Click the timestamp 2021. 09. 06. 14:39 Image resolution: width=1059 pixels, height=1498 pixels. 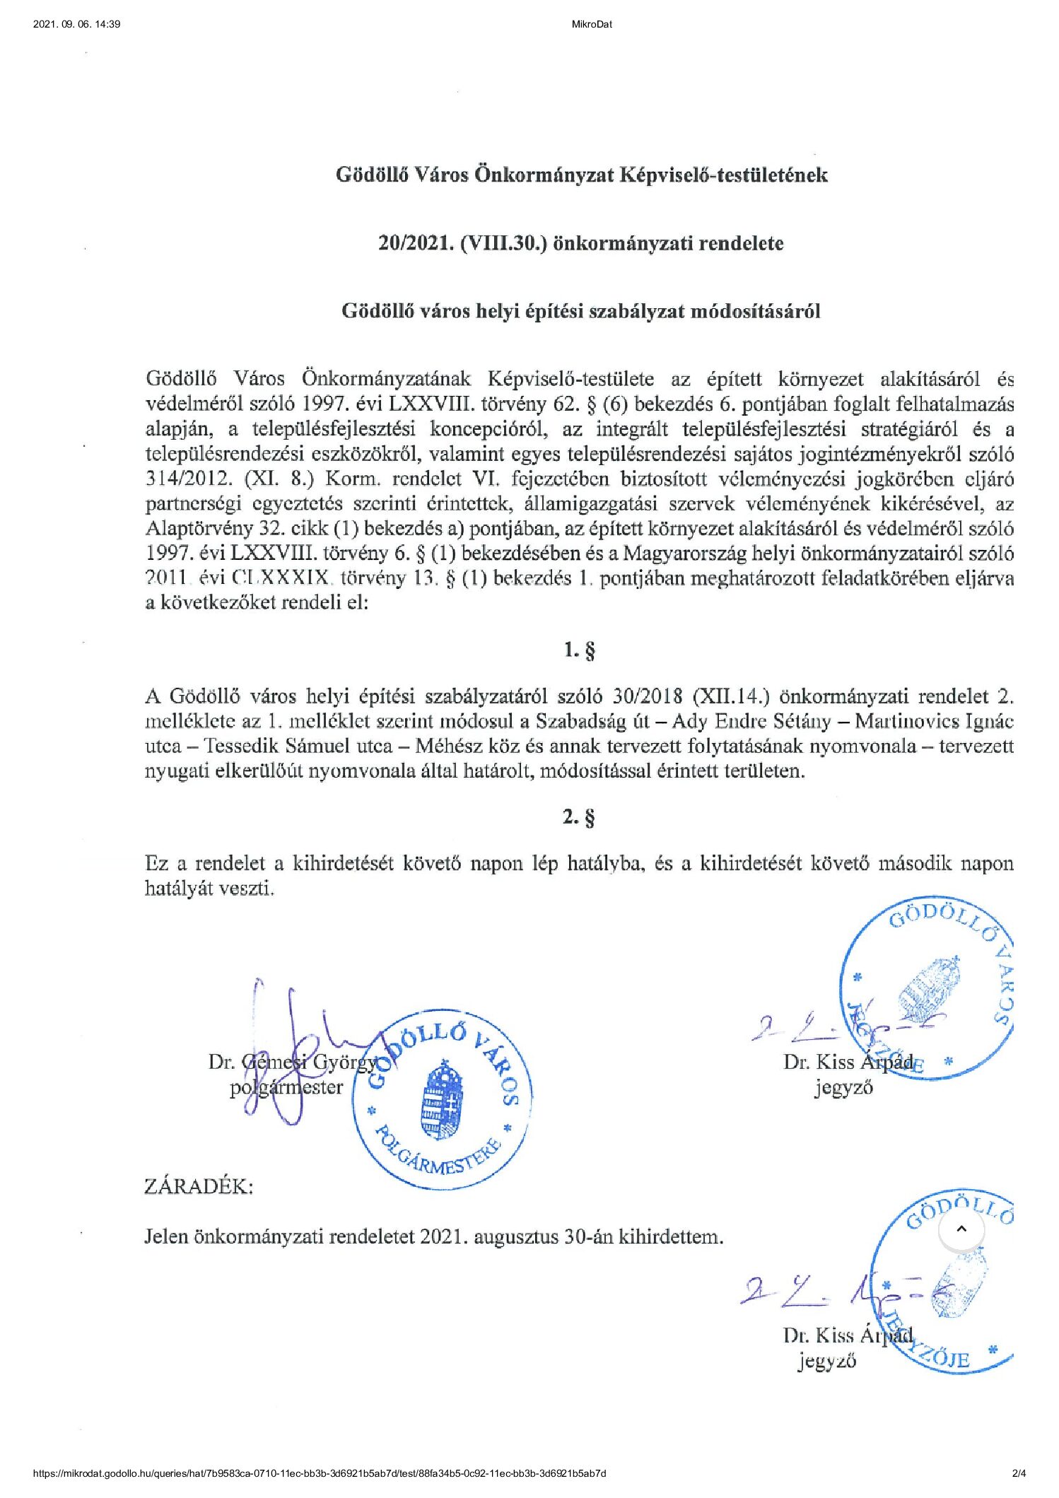click(76, 24)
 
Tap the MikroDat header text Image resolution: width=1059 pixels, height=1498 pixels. click(592, 24)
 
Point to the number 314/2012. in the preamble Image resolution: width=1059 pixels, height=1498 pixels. click(189, 479)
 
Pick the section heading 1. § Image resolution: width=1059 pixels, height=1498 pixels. click(579, 650)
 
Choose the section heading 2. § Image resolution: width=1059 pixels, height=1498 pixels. click(579, 817)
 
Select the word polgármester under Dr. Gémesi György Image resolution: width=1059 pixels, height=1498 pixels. click(286, 1087)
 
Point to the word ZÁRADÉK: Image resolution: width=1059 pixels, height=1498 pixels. click(199, 1186)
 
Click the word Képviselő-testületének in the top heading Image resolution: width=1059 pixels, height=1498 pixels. click(722, 175)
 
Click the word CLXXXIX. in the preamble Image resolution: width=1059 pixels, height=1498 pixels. click(281, 578)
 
